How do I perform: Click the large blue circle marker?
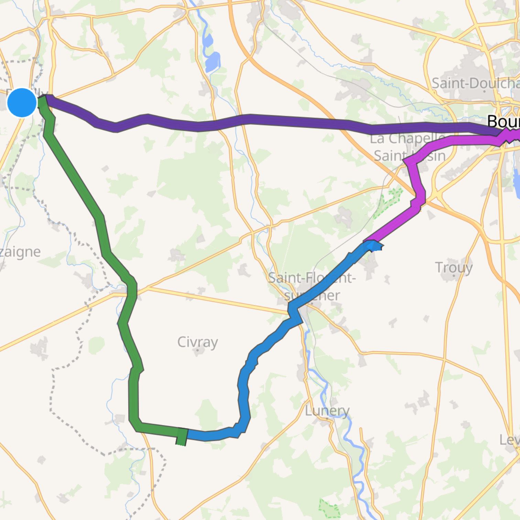[x=22, y=102]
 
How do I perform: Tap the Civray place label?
[x=197, y=342]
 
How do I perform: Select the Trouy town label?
[x=454, y=267]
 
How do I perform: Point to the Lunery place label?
[x=327, y=410]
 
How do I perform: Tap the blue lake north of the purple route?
[x=212, y=62]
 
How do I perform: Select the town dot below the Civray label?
[x=198, y=351]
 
